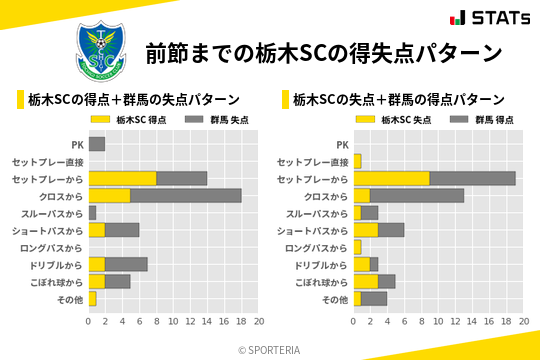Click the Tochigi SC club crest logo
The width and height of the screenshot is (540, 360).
tap(100, 51)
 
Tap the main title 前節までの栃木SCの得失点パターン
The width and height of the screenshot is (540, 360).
tap(323, 52)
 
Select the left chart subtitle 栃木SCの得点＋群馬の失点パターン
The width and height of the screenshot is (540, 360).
tap(133, 100)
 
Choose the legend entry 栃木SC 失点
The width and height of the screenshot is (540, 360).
tap(394, 119)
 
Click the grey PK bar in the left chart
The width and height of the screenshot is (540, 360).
tap(97, 144)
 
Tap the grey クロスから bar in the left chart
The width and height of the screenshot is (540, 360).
tap(186, 195)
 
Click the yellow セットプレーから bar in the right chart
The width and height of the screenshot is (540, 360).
tap(391, 178)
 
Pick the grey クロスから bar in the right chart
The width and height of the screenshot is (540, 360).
tap(416, 195)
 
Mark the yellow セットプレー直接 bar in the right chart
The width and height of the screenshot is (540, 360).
tap(357, 161)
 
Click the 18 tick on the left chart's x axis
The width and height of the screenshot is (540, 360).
tap(241, 321)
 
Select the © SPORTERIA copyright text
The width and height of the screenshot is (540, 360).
tap(270, 349)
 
